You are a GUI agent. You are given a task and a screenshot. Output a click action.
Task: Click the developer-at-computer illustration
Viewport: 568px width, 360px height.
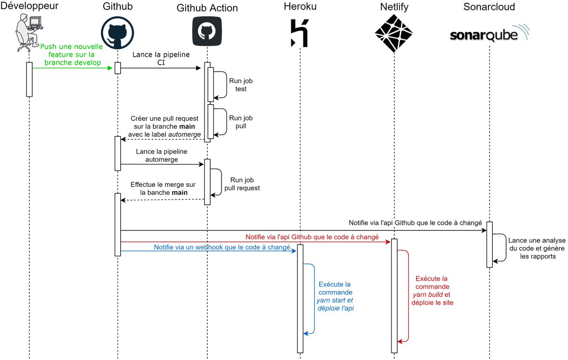(28, 32)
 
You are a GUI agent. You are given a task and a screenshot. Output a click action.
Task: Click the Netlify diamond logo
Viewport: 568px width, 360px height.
(394, 33)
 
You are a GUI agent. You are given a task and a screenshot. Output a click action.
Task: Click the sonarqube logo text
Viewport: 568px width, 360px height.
(482, 35)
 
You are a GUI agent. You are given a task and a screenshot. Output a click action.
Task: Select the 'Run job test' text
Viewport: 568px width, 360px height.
(238, 85)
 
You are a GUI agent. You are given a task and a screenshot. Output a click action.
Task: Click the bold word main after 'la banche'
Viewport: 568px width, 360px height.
(179, 193)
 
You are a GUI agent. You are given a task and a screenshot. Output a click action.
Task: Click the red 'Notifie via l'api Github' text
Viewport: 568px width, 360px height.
(312, 237)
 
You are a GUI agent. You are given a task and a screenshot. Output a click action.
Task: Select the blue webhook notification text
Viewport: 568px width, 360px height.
(222, 247)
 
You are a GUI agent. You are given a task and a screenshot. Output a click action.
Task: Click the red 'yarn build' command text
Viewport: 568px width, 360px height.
(428, 294)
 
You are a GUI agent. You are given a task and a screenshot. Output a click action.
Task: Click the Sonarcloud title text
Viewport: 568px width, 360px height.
(488, 7)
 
